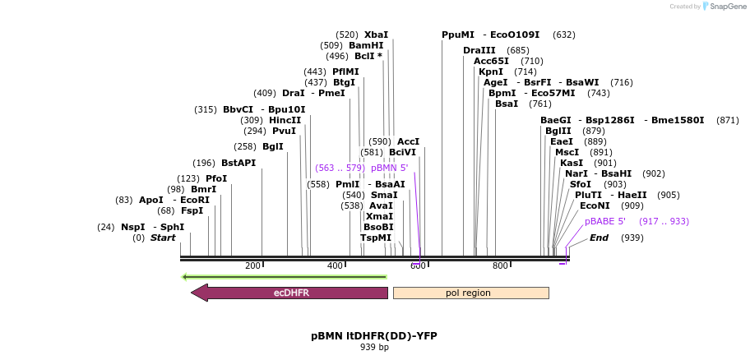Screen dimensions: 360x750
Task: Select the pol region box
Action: click(470, 293)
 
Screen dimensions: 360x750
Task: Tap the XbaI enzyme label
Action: click(376, 35)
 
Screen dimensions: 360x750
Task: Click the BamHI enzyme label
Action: click(366, 45)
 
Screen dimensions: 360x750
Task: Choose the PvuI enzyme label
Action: click(284, 131)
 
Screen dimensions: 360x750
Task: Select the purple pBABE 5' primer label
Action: click(605, 221)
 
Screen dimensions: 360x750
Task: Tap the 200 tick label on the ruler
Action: click(253, 265)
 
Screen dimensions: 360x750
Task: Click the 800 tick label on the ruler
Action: click(500, 265)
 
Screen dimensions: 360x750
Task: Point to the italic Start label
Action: click(163, 238)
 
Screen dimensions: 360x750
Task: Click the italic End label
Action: click(600, 238)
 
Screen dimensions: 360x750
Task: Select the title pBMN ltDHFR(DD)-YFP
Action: click(374, 335)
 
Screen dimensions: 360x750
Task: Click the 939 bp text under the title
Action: click(374, 347)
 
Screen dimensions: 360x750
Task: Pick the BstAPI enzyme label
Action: click(238, 163)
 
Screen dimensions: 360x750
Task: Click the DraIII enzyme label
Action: click(479, 50)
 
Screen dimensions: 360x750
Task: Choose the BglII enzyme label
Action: click(558, 131)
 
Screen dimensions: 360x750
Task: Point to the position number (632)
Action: click(564, 35)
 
